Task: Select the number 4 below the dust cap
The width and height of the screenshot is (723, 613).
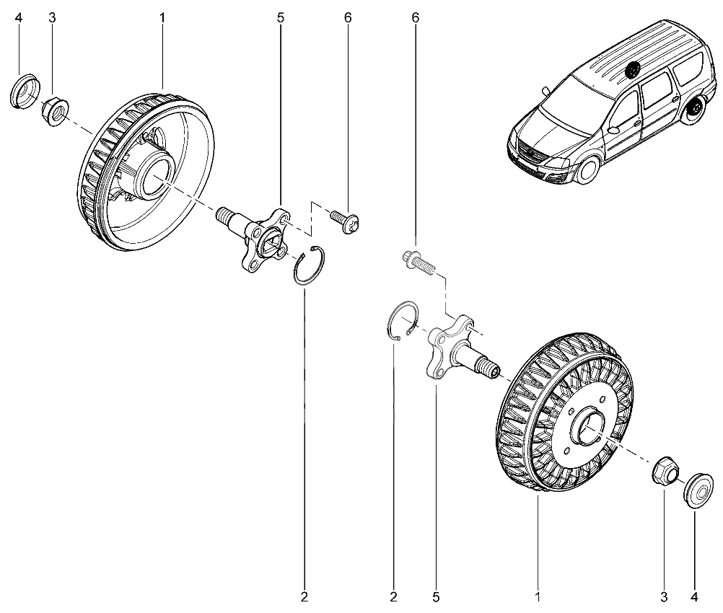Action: point(694,597)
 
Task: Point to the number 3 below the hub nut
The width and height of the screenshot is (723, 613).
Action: point(664,597)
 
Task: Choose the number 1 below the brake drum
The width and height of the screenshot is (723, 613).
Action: point(538,597)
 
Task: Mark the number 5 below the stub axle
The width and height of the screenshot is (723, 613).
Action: point(437,597)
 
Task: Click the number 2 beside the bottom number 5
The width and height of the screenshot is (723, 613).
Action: point(394,597)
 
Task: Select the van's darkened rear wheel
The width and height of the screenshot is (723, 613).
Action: point(695,115)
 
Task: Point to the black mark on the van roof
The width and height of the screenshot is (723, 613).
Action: point(634,70)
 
